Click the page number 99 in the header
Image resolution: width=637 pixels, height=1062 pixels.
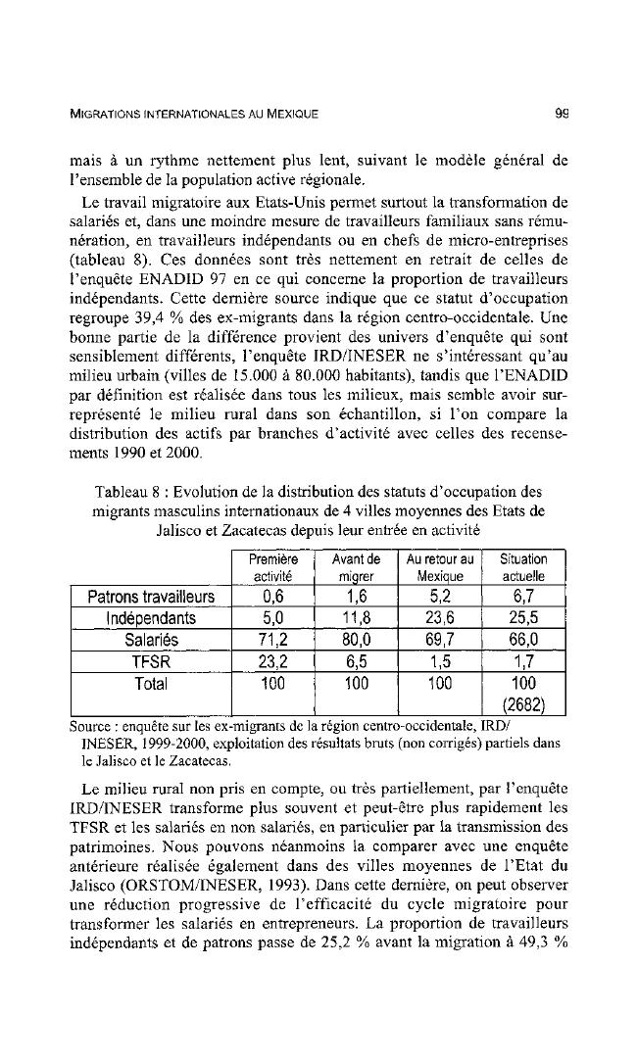pos(562,112)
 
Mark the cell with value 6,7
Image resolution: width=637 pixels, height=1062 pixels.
pos(523,597)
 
